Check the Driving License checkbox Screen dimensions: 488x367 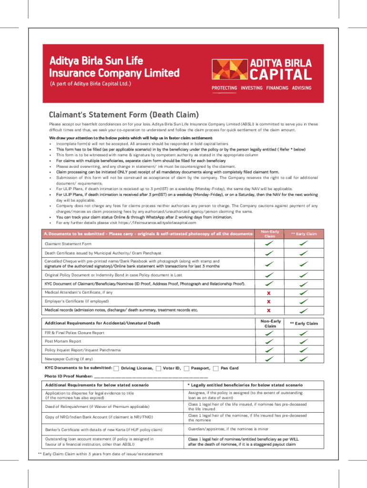pyautogui.click(x=117, y=368)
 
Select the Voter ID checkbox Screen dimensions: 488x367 pyautogui.click(x=158, y=368)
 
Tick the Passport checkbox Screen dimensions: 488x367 pyautogui.click(x=186, y=368)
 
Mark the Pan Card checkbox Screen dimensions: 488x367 pyautogui.click(x=216, y=368)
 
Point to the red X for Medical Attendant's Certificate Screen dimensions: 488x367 pyautogui.click(x=269, y=293)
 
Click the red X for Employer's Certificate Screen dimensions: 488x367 pyautogui.click(x=269, y=302)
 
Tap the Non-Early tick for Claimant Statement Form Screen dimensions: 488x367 pyautogui.click(x=269, y=244)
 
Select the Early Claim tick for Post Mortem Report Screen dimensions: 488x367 pyautogui.click(x=304, y=341)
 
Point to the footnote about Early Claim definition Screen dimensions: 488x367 pyautogui.click(x=100, y=454)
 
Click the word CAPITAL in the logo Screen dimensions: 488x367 pyautogui.click(x=281, y=74)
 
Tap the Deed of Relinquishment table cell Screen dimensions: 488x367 pyautogui.click(x=97, y=407)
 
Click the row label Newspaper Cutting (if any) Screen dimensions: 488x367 pyautogui.click(x=69, y=359)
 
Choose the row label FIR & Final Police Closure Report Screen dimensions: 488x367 pyautogui.click(x=74, y=333)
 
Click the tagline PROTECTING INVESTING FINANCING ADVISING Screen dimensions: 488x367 pyautogui.click(x=261, y=88)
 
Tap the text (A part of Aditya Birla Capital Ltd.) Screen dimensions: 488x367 pyautogui.click(x=91, y=84)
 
